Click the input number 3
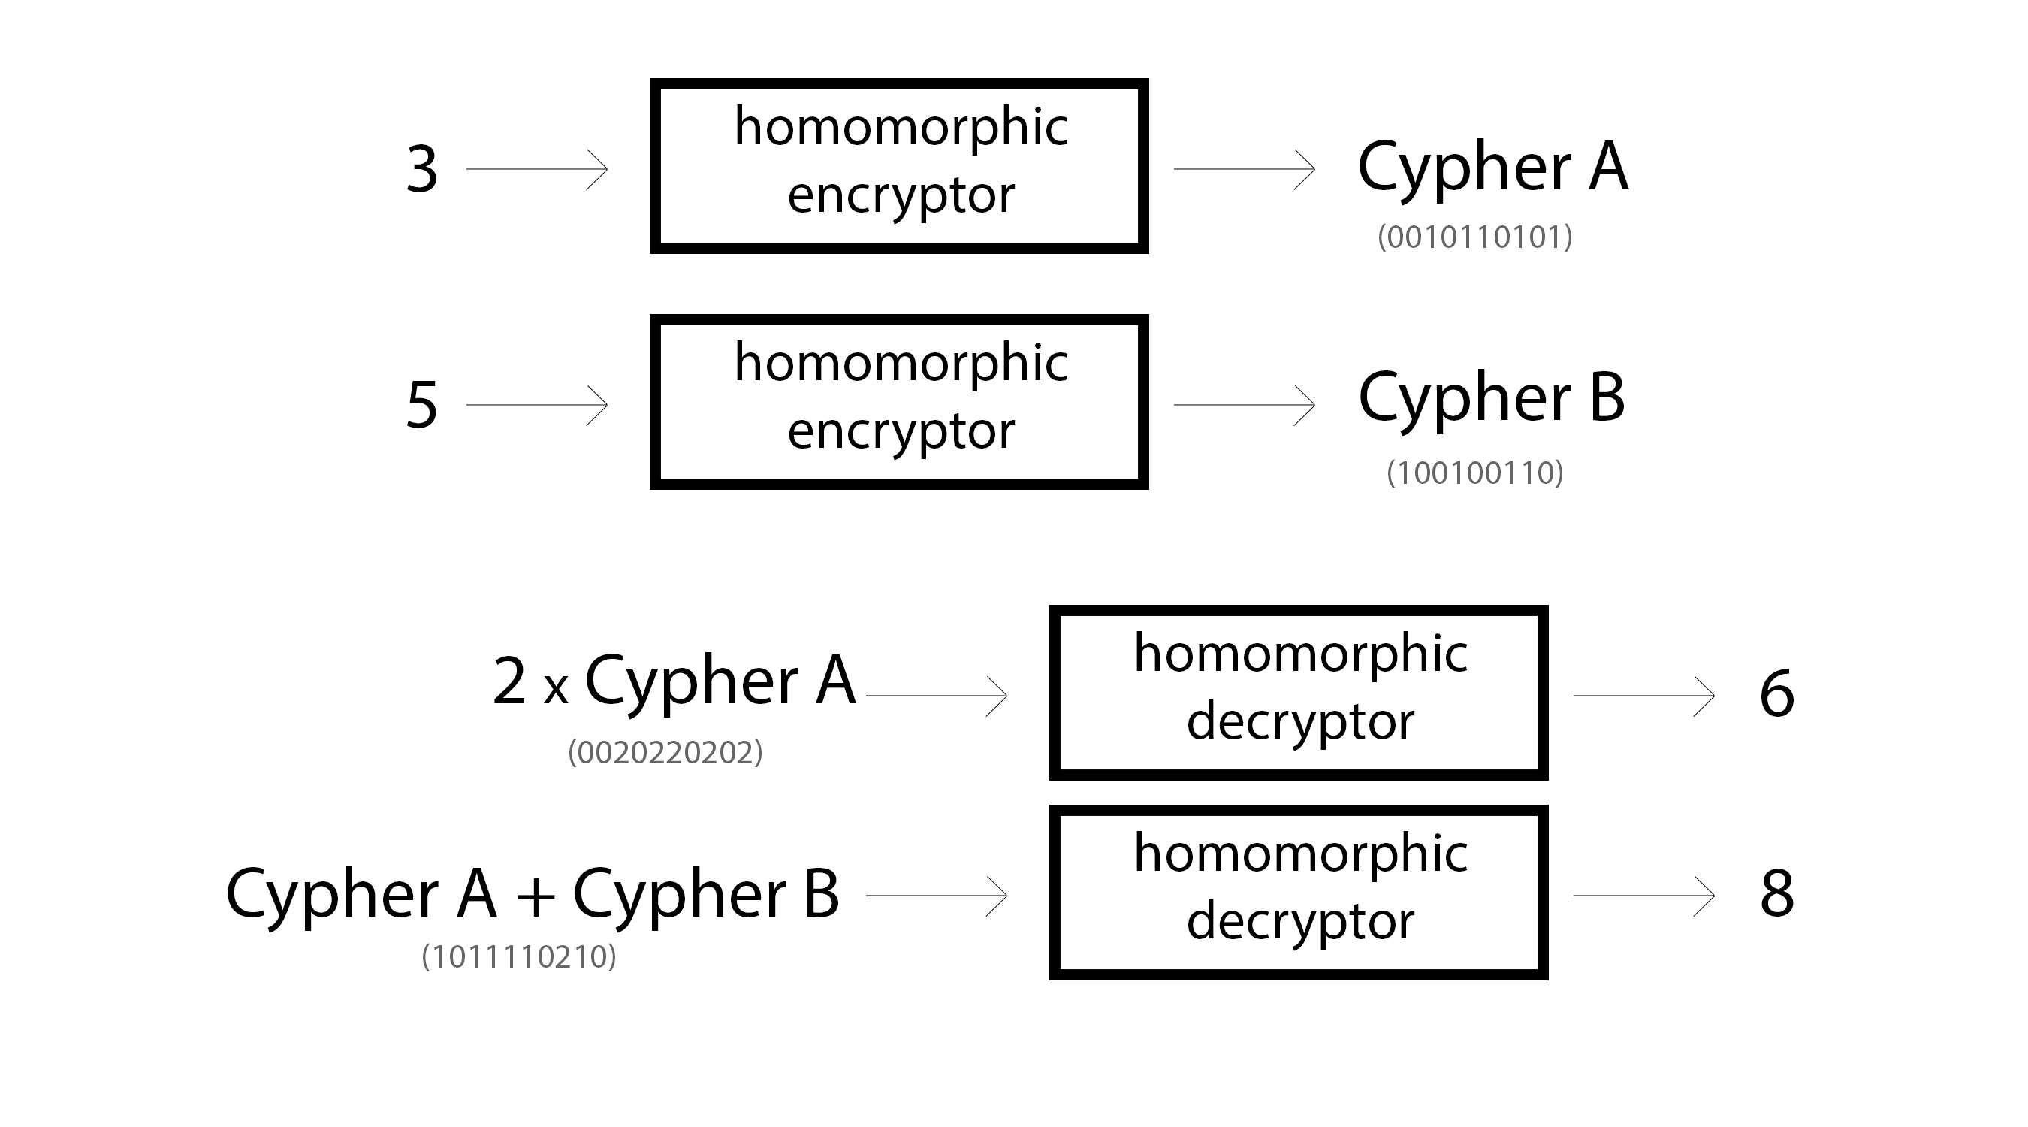[x=422, y=169]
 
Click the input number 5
[x=422, y=405]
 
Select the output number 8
[x=1777, y=894]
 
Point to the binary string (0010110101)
[x=1474, y=237]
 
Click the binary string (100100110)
[x=1474, y=473]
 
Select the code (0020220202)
[x=665, y=752]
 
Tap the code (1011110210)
[x=519, y=957]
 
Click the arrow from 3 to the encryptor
[x=537, y=169]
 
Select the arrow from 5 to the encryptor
[x=537, y=405]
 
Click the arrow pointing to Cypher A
[x=1245, y=169]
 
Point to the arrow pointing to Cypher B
[x=1245, y=405]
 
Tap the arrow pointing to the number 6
[x=1645, y=696]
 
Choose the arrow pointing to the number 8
[x=1645, y=896]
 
